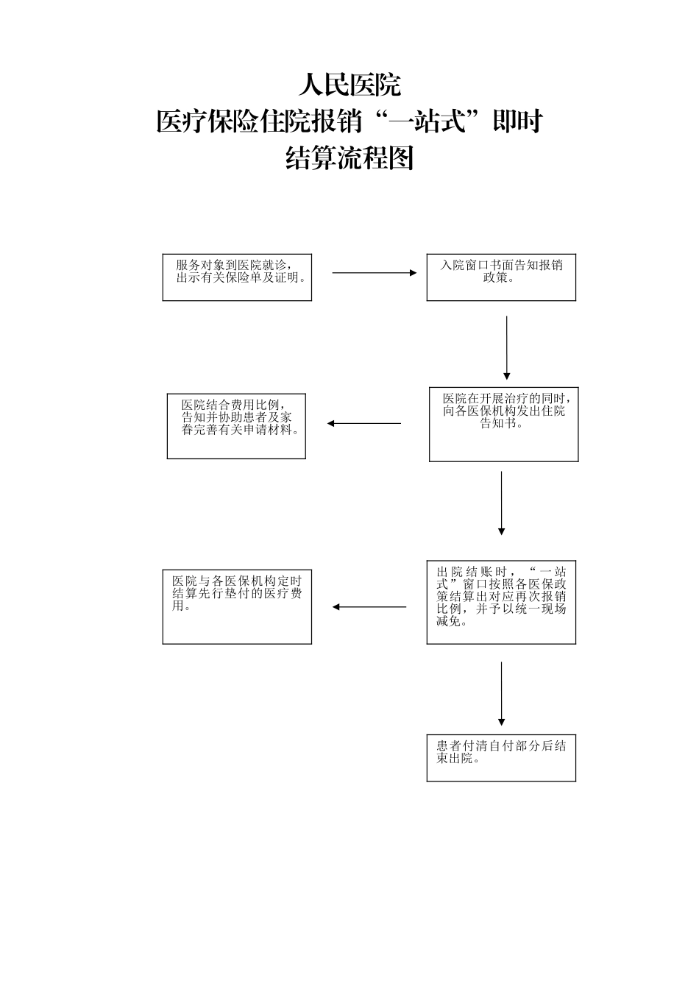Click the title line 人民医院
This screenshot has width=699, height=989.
click(x=349, y=85)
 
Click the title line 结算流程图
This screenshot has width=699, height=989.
click(x=349, y=157)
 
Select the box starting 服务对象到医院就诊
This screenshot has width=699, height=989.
click(x=237, y=277)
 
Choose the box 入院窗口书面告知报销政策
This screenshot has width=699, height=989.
click(x=501, y=277)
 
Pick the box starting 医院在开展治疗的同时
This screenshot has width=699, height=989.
click(x=504, y=425)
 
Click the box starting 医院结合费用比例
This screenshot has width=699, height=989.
click(x=236, y=426)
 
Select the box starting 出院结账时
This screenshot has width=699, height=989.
click(x=501, y=603)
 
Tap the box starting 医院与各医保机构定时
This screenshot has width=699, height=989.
click(x=237, y=607)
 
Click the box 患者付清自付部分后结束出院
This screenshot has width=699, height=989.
click(x=501, y=757)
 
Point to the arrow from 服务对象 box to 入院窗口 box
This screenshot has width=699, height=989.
click(x=375, y=273)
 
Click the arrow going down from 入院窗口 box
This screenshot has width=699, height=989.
click(x=506, y=347)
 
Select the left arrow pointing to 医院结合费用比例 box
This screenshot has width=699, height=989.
click(x=364, y=423)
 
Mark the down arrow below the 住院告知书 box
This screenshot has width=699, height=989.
click(x=502, y=503)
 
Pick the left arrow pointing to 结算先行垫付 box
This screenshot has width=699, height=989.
click(x=369, y=607)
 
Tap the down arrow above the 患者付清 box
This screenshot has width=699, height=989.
click(x=502, y=693)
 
